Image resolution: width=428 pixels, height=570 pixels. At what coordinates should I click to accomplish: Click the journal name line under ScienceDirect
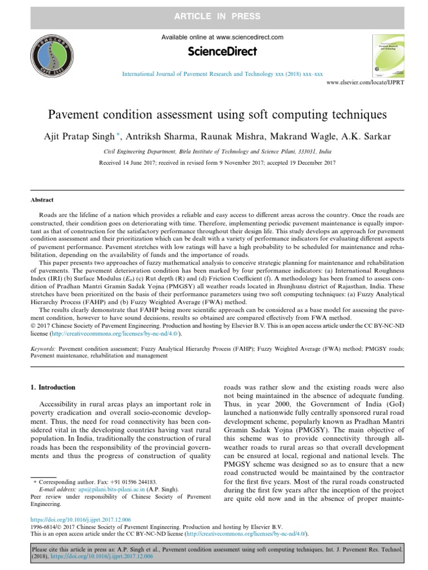[222, 73]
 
